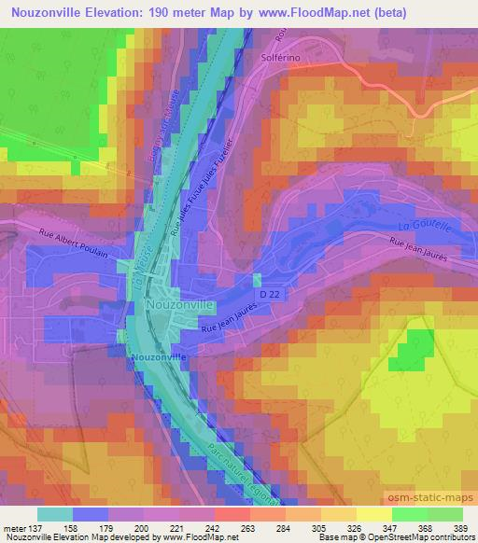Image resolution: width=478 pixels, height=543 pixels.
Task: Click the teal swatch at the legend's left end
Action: [55, 513]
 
